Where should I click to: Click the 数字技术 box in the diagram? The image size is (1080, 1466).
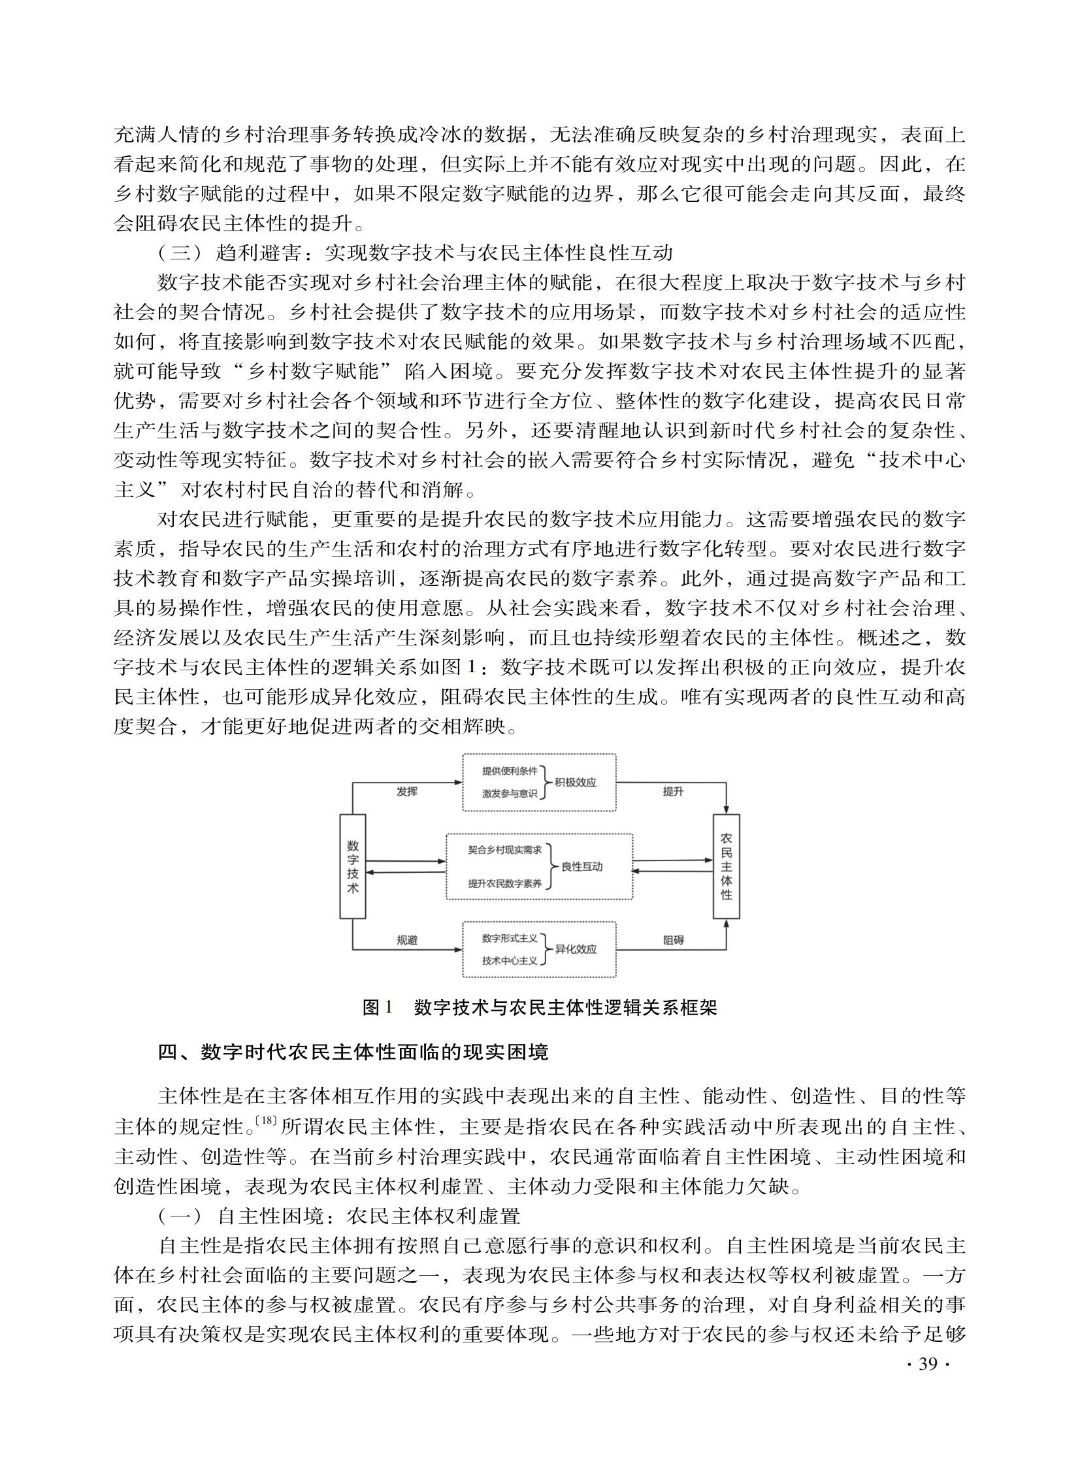point(352,866)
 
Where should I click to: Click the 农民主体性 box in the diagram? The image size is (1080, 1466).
point(727,866)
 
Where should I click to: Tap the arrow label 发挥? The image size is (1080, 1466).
point(406,792)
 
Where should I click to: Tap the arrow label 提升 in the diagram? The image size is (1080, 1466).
point(673,792)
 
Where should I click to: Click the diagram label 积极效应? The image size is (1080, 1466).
point(576,783)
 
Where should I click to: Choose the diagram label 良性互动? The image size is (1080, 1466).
point(582,867)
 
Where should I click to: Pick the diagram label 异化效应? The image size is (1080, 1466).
point(576,949)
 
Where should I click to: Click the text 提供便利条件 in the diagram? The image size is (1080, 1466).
point(509,771)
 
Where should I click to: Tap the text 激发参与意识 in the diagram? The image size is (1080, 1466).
point(509,794)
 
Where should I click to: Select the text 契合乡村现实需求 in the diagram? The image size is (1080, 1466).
point(504,851)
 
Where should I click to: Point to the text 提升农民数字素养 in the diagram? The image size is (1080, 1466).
point(504,884)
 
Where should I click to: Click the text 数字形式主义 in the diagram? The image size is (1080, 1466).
point(509,938)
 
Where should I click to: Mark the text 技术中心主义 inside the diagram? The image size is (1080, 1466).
point(509,961)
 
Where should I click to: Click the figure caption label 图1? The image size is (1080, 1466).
point(376,1008)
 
